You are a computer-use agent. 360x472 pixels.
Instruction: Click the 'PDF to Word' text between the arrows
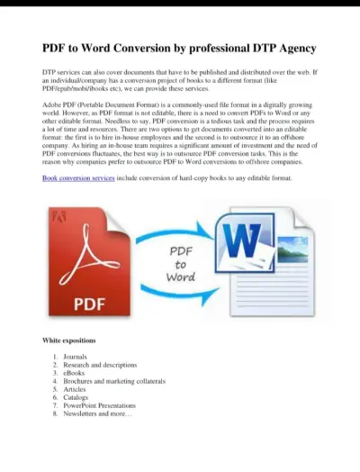pos(181,264)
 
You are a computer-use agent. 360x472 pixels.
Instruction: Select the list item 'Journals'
pos(76,357)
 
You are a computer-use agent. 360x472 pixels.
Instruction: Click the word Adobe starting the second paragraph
pos(53,104)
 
